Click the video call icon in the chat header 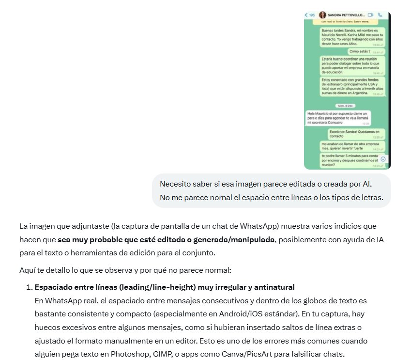(371, 16)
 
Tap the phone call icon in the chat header (380, 16)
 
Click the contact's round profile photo (322, 16)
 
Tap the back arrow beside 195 (306, 16)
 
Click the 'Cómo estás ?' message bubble (366, 51)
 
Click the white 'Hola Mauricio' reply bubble (335, 118)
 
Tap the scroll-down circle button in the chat (383, 159)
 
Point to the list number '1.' (29, 287)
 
